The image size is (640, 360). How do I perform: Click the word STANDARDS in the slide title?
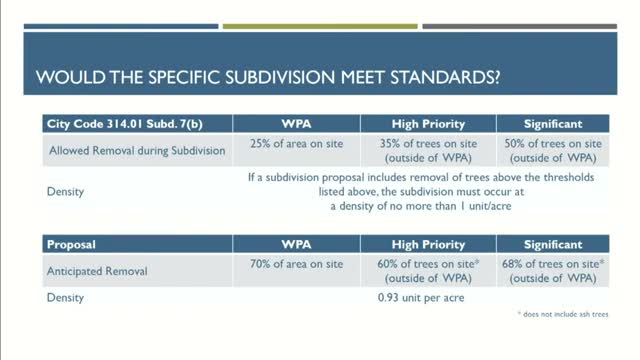point(445,77)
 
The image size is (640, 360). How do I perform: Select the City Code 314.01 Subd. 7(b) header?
point(124,124)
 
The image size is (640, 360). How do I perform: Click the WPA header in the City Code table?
point(296,124)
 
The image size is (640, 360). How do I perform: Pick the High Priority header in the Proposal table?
point(428,244)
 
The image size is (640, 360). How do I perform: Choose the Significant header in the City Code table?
point(553,124)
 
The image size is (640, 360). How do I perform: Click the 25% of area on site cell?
point(296,144)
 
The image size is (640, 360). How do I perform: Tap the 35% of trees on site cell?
point(428,151)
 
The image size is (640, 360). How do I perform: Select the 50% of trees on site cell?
point(553,151)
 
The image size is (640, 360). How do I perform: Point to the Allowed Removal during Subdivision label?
point(137,151)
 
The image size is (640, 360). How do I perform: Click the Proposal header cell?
point(71,244)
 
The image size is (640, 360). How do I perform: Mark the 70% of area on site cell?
point(296,264)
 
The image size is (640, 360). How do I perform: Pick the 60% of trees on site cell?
point(428,271)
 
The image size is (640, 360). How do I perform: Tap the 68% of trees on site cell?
point(553,271)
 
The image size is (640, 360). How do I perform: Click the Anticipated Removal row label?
point(97,271)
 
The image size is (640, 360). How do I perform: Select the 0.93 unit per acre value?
point(421,298)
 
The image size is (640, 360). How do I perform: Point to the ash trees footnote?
point(563,314)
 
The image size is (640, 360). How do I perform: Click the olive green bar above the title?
point(320,27)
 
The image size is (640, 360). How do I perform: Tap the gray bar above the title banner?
point(520,27)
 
